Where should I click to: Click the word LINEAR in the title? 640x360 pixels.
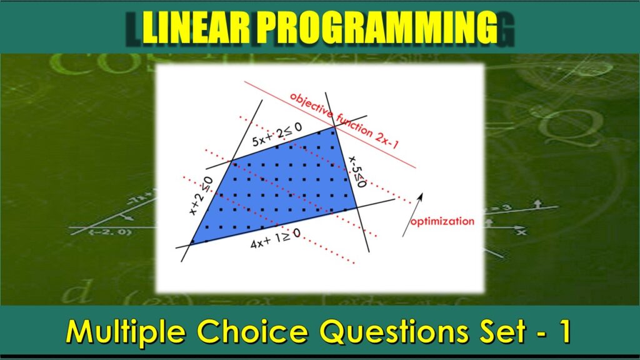194,28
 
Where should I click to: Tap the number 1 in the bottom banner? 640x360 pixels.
563,332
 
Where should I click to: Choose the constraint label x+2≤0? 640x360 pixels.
202,196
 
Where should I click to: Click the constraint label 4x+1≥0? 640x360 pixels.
275,239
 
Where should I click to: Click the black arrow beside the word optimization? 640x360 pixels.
412,214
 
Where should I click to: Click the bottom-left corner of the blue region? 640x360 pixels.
189,244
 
